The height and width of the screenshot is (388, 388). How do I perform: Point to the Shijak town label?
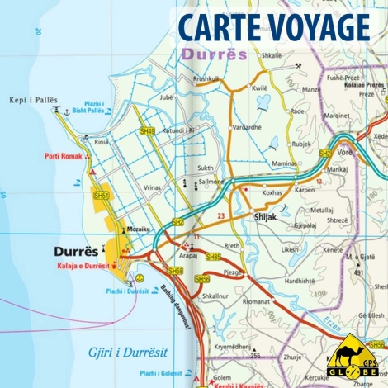[262, 218]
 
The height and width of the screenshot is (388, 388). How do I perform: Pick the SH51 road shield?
[101, 195]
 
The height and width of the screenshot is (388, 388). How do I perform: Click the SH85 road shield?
[214, 257]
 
